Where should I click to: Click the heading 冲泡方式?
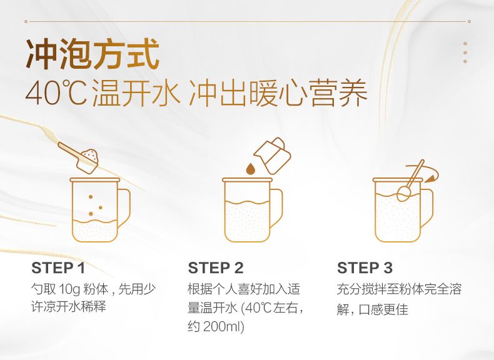coord(93,54)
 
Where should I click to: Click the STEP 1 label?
coord(58,268)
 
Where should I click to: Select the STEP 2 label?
coord(216,268)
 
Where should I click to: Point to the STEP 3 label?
coord(365,268)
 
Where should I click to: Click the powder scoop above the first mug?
coord(79,157)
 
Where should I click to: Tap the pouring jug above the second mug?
coord(273,155)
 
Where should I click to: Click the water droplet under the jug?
coord(251,169)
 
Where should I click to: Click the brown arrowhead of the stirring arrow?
coord(430,179)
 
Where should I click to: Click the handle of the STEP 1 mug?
coord(124,208)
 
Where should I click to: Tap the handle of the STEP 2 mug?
coord(276,208)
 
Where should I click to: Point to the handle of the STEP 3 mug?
coord(426,208)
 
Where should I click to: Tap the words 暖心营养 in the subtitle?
coord(308,93)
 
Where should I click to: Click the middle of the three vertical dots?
coord(465,52)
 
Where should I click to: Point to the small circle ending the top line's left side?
coord(26,21)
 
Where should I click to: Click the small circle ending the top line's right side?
coord(469,21)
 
